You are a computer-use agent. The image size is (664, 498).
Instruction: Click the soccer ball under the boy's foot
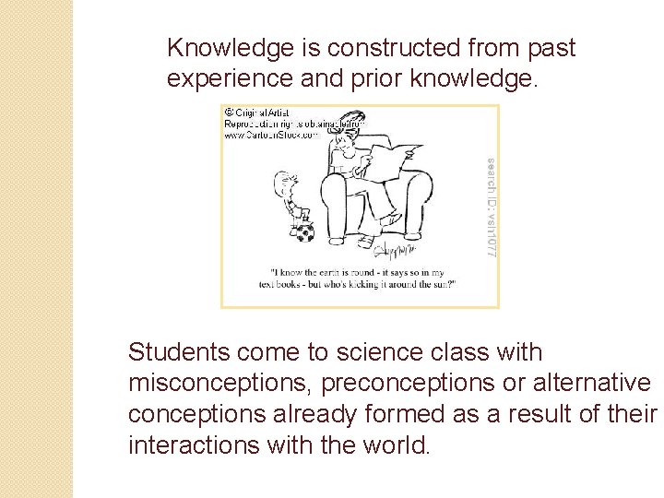coord(304,232)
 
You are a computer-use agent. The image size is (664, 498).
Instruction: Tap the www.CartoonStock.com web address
coord(271,135)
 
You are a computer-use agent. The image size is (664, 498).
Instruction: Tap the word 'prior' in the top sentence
coord(379,79)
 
